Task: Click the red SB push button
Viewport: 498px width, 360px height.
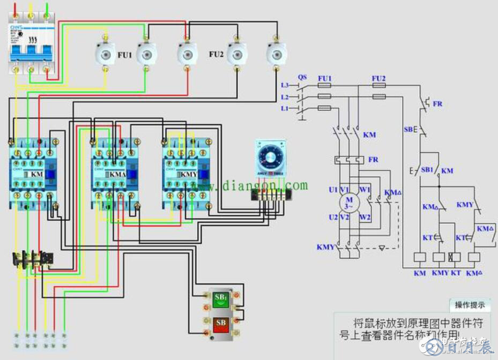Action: (x=220, y=325)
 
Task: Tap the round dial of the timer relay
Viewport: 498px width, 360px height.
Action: (x=270, y=157)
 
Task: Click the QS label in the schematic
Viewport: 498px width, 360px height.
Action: (x=302, y=77)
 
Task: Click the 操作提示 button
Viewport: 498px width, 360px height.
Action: (x=470, y=305)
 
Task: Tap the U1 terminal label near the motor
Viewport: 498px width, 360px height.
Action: (x=333, y=190)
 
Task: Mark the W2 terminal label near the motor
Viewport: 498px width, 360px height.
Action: (x=365, y=217)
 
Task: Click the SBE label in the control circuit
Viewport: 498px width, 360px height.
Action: (x=409, y=129)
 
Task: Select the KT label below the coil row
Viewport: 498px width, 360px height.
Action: (x=456, y=273)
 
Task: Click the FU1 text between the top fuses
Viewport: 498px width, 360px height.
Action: (x=125, y=55)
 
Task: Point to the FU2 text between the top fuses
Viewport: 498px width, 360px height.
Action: (x=216, y=55)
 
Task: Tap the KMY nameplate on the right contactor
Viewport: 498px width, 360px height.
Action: (x=188, y=174)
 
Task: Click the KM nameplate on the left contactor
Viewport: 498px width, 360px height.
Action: (x=36, y=175)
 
